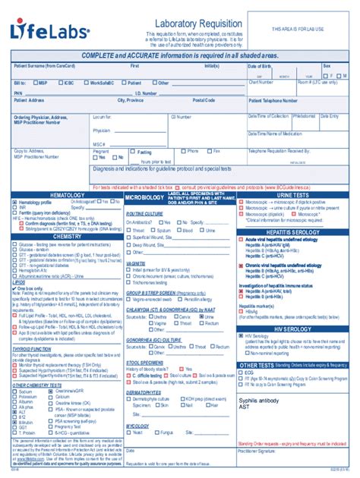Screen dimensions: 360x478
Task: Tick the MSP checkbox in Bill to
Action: pyautogui.click(x=36, y=83)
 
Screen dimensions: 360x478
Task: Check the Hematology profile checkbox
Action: pyautogui.click(x=14, y=203)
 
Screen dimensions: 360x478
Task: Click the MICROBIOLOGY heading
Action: pyautogui.click(x=144, y=197)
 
